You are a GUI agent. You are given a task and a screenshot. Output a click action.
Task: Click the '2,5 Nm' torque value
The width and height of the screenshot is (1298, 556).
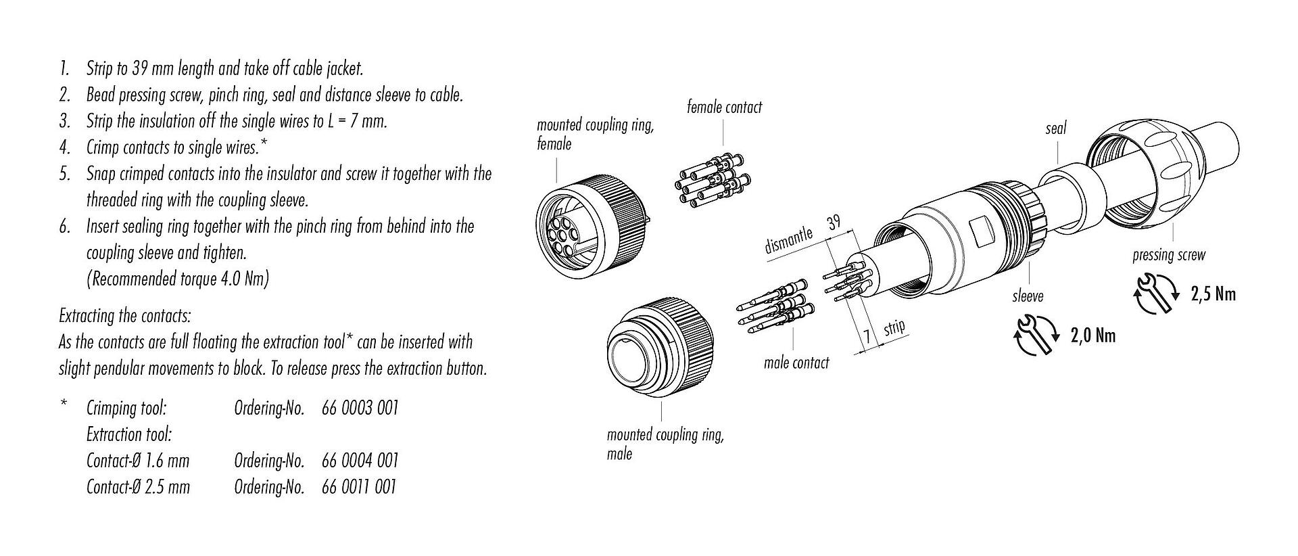tap(1213, 294)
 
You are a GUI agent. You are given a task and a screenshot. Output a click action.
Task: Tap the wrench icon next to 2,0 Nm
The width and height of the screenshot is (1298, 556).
tap(1036, 334)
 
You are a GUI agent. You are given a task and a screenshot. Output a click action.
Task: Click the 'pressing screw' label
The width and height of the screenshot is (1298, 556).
tap(1169, 255)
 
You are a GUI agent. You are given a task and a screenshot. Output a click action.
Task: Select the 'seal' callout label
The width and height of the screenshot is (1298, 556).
tap(1055, 127)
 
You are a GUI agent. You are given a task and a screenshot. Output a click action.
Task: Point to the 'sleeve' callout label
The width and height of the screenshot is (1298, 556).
tap(1028, 296)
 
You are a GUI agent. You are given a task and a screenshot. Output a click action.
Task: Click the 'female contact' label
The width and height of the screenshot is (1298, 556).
tap(724, 107)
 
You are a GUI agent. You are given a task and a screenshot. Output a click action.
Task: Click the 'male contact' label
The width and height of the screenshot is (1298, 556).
tap(796, 363)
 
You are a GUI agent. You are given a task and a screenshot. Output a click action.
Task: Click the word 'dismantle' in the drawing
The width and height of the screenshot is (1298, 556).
tap(788, 241)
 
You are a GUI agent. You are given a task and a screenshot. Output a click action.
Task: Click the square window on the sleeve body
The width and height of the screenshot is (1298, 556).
tap(980, 234)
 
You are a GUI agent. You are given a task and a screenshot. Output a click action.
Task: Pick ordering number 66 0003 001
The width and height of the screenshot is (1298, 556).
tap(360, 408)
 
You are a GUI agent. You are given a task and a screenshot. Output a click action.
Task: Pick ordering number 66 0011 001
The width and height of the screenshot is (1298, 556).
tap(359, 487)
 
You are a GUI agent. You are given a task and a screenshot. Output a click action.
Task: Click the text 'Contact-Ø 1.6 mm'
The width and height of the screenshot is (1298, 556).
tap(138, 461)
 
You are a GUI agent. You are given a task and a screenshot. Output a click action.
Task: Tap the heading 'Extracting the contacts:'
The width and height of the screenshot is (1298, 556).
tap(125, 316)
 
